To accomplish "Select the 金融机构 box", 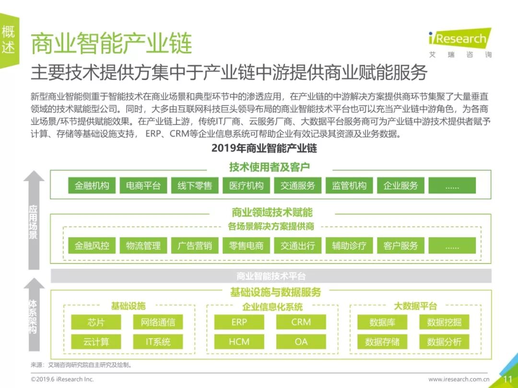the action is coord(92,185).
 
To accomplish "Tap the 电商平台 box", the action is coord(143,185).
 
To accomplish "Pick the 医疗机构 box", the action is coord(246,185).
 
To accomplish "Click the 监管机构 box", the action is coord(349,185).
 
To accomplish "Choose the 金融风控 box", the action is coord(92,246).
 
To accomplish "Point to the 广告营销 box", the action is coord(195,246).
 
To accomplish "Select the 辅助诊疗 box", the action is coord(349,246).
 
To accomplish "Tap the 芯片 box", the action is coord(96,322).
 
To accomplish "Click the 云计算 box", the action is coord(96,342).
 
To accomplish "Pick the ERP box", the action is coord(239,322).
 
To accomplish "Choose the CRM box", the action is coord(301,322).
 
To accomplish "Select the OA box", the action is coord(301,342).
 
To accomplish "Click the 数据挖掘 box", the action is coord(444,322).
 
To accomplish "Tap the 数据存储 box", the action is coord(382,342).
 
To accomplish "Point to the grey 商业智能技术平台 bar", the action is coord(271,276).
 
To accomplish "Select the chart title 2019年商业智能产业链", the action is coord(264,148).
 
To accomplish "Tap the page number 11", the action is coord(507,379).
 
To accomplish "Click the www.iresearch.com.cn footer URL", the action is coord(462,379).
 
